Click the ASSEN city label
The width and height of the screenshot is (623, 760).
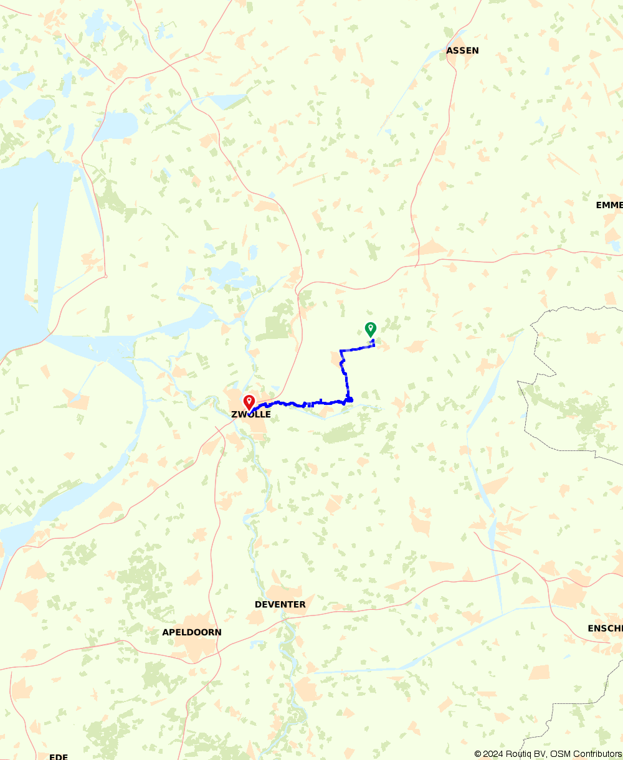(x=462, y=50)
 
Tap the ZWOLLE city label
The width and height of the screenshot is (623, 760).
(x=251, y=414)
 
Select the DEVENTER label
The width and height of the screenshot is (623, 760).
(x=280, y=604)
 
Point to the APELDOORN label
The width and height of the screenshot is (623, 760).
(x=192, y=632)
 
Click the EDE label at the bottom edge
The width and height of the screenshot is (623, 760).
(x=59, y=756)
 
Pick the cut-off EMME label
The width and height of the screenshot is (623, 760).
(x=609, y=205)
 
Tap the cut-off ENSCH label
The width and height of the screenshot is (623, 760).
(x=605, y=629)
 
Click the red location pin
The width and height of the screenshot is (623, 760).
(x=249, y=402)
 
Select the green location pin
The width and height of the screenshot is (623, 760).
(x=370, y=328)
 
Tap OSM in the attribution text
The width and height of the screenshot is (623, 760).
(x=559, y=754)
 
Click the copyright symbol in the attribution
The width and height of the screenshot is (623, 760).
(x=478, y=754)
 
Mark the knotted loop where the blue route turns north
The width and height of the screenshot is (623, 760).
(x=349, y=399)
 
